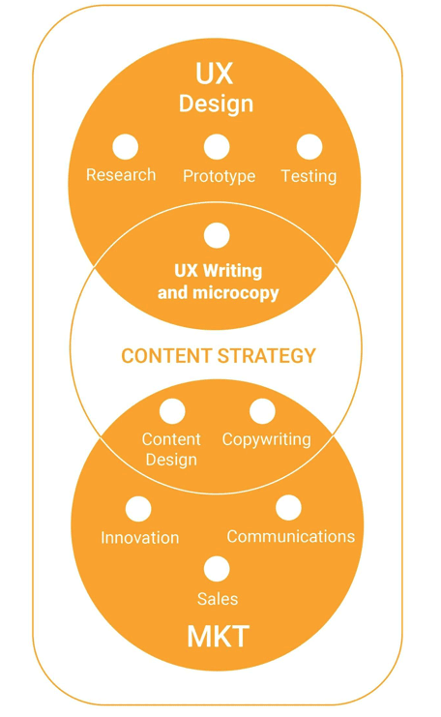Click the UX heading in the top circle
215,74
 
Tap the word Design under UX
216,104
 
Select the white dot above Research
125,147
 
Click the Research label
121,175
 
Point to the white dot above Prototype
217,147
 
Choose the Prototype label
219,176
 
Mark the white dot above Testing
309,147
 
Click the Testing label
309,176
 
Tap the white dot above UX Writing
217,235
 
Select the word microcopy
236,293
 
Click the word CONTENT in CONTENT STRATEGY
166,356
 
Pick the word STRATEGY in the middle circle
267,356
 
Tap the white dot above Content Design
172,410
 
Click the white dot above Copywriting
262,410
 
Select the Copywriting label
266,440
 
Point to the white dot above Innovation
138,509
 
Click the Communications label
291,536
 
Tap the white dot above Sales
217,569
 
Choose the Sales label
218,599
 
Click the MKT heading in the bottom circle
218,636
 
